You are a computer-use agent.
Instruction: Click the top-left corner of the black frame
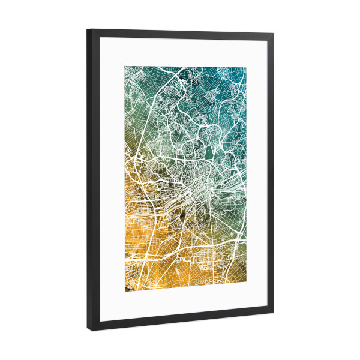pos(88,29)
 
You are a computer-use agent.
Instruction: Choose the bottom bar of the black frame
pos(180,322)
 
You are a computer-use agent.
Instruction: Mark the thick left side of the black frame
pos(91,180)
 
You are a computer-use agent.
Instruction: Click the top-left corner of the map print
pos(125,66)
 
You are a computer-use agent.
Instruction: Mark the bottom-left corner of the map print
pos(125,293)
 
